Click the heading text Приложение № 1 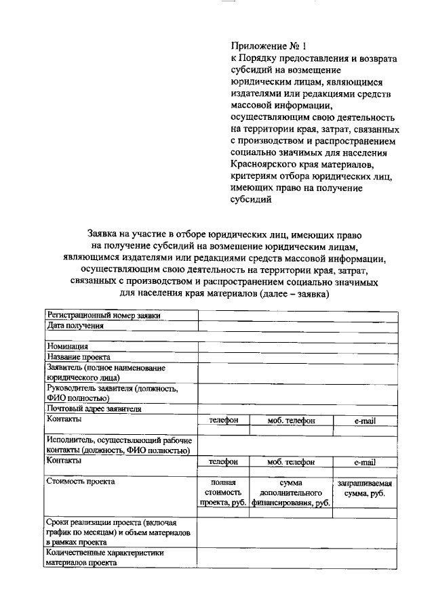(269, 47)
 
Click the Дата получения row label (75, 326)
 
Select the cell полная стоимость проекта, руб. (223, 493)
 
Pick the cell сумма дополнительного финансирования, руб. (290, 493)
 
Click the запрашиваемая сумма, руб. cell (364, 489)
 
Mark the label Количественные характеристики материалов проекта (105, 557)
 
